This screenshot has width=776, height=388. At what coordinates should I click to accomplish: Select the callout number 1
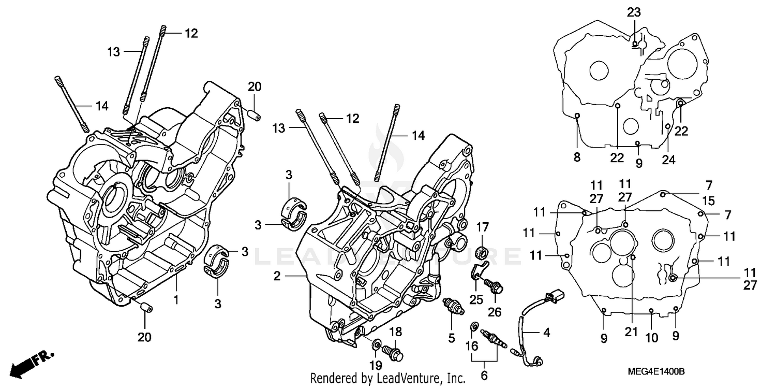pos(176,299)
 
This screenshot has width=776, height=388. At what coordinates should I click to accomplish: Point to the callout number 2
pos(277,277)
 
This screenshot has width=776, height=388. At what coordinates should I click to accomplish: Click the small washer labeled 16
pos(473,327)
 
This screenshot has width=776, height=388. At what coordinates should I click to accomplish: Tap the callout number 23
pos(634,12)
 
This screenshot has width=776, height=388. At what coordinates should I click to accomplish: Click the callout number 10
pos(651,338)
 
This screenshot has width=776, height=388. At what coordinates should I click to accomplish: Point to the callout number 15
pos(708,199)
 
